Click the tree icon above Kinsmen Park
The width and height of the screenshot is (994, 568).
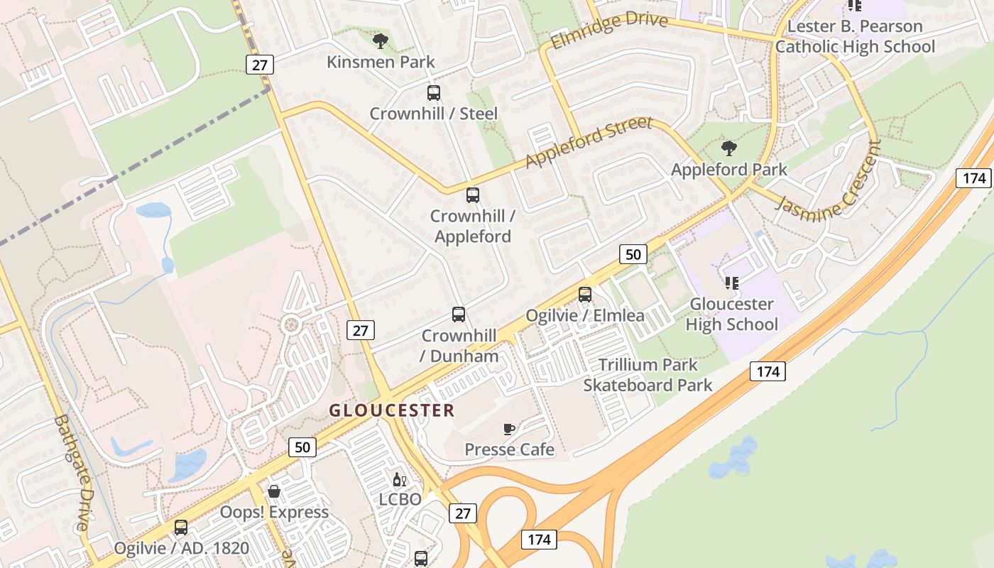click(381, 40)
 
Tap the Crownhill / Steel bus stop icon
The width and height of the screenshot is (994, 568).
click(433, 92)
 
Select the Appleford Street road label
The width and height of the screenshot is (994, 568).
click(588, 142)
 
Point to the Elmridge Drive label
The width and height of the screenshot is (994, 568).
click(609, 30)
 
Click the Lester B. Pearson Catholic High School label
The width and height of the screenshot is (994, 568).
click(855, 37)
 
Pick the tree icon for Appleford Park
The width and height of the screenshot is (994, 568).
click(728, 148)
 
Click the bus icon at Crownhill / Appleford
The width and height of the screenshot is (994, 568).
click(473, 195)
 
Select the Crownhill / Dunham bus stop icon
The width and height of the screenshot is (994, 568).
click(459, 314)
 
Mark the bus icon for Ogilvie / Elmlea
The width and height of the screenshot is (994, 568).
click(585, 294)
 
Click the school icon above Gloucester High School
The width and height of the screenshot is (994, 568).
click(731, 283)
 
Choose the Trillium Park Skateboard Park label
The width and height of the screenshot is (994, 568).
click(648, 375)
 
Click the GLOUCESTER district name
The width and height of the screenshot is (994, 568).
click(392, 410)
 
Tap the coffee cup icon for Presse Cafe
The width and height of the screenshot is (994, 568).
click(508, 428)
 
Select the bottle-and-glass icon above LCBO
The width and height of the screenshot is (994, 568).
click(400, 479)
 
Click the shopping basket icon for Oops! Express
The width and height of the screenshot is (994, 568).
click(274, 491)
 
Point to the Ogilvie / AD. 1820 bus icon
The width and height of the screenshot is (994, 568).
click(181, 528)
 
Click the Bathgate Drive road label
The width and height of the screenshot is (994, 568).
click(74, 472)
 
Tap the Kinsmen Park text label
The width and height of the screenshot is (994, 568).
click(381, 62)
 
